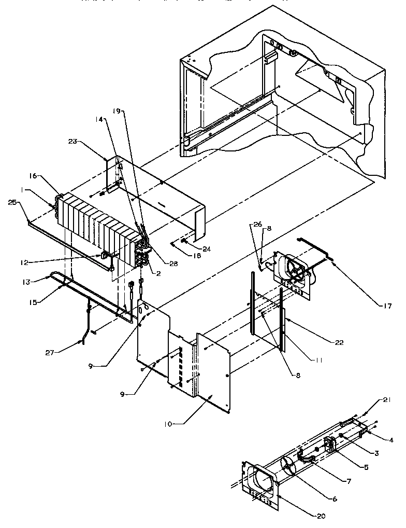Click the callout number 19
[117, 110]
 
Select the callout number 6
[335, 499]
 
